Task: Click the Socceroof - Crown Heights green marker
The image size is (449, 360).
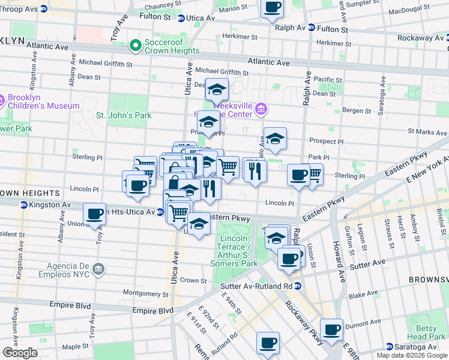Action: [136, 46]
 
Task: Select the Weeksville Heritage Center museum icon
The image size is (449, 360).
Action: [261, 109]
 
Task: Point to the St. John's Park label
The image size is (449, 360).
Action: [124, 115]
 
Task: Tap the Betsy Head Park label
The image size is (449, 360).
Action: [426, 332]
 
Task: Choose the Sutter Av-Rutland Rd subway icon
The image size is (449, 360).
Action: [298, 286]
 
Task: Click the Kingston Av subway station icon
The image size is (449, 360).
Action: [23, 205]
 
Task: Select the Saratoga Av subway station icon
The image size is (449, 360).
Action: [390, 347]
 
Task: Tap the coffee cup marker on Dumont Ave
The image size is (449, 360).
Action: [331, 329]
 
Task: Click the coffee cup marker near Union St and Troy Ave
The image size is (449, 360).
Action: [94, 214]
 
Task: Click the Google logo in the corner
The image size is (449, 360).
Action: [20, 352]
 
